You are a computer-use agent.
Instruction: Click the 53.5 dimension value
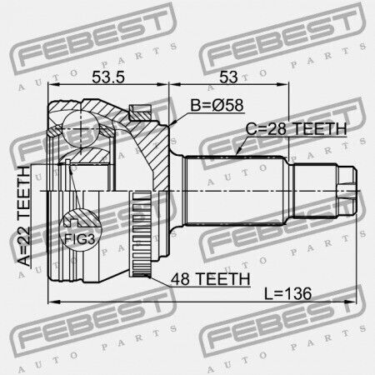click(x=108, y=77)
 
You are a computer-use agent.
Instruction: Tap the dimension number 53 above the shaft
click(x=228, y=77)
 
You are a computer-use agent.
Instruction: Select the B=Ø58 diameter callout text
click(x=217, y=105)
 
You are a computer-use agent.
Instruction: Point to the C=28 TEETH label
click(x=297, y=128)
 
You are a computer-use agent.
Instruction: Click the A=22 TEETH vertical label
click(x=23, y=216)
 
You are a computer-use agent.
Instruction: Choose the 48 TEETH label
click(x=211, y=279)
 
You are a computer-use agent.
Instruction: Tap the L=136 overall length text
click(x=287, y=293)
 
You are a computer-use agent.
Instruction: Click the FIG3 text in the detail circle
click(x=80, y=239)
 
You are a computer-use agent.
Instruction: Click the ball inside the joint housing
click(x=81, y=128)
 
